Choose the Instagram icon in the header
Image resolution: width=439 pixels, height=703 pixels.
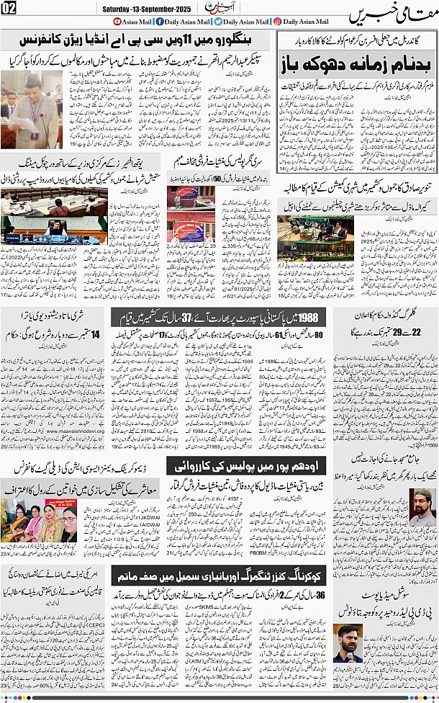click(x=277, y=22)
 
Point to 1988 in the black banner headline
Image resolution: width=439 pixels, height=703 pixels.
click(x=308, y=316)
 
